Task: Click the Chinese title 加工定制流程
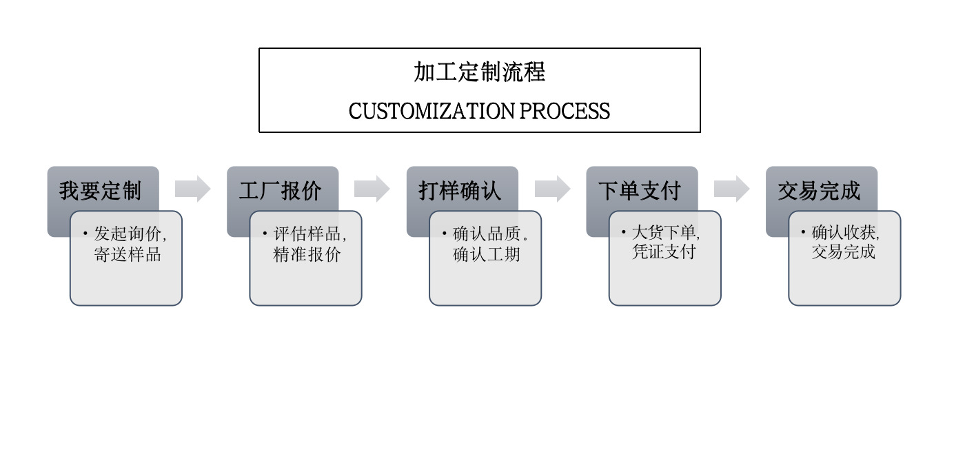pos(479,72)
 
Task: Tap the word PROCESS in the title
pos(565,111)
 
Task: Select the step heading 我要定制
pos(100,191)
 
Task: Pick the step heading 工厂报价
pos(280,191)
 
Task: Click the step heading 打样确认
pos(460,191)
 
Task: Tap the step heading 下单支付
pos(640,191)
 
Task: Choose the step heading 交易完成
pos(819,191)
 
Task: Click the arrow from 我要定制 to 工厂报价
pos(192,189)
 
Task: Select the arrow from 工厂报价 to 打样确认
pos(372,189)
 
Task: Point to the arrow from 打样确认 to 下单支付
pos(552,189)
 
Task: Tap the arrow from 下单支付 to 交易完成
pos(731,189)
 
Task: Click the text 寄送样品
pos(128,254)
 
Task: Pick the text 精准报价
pos(307,254)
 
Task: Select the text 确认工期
pos(487,254)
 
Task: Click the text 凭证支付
pos(664,251)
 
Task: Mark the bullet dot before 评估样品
pos(264,233)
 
